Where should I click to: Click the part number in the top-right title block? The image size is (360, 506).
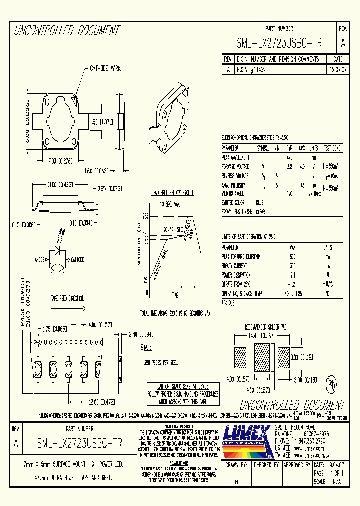pos(279,44)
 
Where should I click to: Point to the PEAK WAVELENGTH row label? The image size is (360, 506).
pos(235,157)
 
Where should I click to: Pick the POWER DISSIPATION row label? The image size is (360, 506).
pos(236,275)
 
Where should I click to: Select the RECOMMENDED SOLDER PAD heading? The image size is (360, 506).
pos(265,327)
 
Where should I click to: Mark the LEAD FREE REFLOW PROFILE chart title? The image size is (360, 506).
pos(172,192)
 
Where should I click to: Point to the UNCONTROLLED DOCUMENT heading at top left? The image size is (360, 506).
pos(67,31)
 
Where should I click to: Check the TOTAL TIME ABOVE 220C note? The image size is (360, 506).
pos(175,313)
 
